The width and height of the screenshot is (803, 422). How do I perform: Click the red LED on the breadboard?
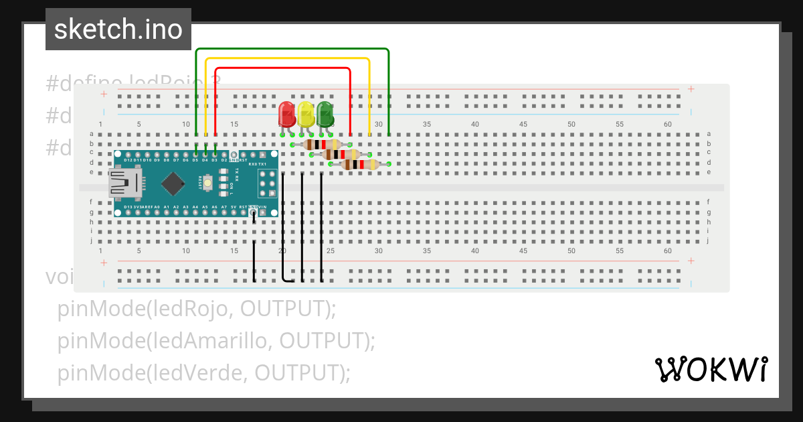tap(286, 114)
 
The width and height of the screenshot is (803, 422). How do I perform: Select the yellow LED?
tap(306, 114)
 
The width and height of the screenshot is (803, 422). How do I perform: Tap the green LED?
tap(325, 114)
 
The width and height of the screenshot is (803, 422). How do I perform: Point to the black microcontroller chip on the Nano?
tap(173, 182)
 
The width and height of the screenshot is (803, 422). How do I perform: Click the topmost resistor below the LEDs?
tap(322, 145)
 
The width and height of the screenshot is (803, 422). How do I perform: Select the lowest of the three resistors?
tap(360, 164)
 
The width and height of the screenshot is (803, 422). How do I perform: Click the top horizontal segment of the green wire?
tap(292, 49)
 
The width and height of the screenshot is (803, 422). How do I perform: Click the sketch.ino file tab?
tap(118, 29)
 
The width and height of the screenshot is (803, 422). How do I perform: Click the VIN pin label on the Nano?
tap(262, 207)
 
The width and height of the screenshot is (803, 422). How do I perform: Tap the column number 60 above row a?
tap(668, 125)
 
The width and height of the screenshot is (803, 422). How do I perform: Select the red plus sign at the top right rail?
tap(691, 89)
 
